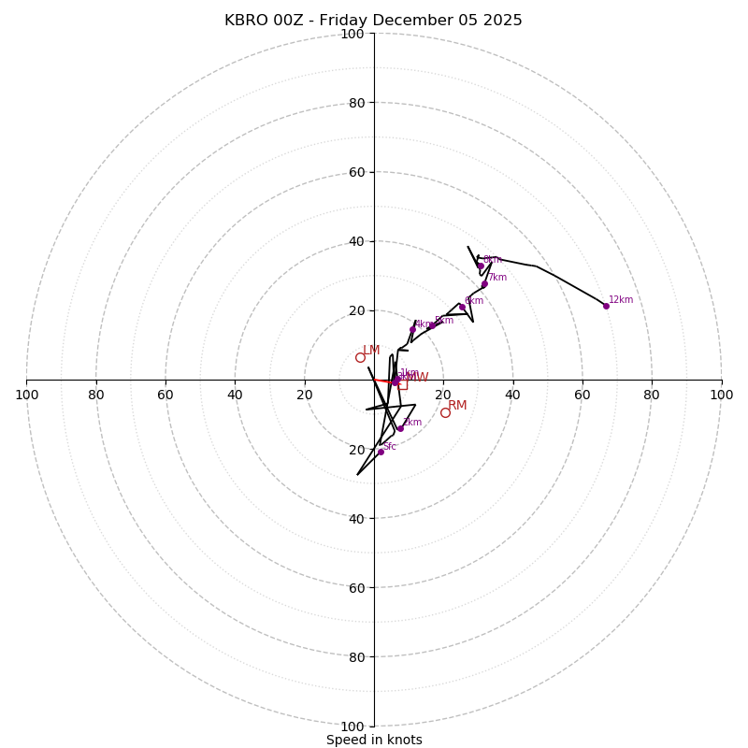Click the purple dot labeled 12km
pos(606,306)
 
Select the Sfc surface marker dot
pos(381,452)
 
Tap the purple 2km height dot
pos(400,428)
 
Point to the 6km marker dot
pos(462,307)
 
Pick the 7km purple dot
pos(484,284)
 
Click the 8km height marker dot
pos(481,266)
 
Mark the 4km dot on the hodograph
pos(412,329)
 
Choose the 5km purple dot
pos(432,325)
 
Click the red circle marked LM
pos(360,357)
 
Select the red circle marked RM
pos(445,412)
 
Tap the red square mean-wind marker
pos(402,384)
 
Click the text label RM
pos(457,406)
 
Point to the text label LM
pos(371,351)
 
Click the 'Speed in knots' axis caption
pos(374,740)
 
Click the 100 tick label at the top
pos(352,35)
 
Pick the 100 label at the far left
pos(26,396)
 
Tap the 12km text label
pos(621,300)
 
